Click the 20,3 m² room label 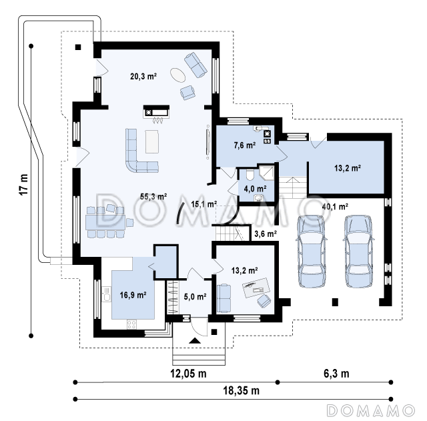[143, 77]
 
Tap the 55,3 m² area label [153, 196]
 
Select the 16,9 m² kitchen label [133, 295]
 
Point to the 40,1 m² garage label [335, 207]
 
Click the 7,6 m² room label [245, 145]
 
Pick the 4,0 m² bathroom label [255, 189]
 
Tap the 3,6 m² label [266, 234]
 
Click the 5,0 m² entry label [195, 296]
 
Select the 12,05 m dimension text [188, 374]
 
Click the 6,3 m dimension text [336, 374]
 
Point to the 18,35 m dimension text [242, 390]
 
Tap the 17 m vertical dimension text [24, 184]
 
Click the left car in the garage [311, 252]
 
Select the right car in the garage [358, 252]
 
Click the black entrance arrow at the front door [194, 340]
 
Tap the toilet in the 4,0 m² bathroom [250, 175]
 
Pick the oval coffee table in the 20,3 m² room [178, 75]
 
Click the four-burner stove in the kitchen [132, 324]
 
